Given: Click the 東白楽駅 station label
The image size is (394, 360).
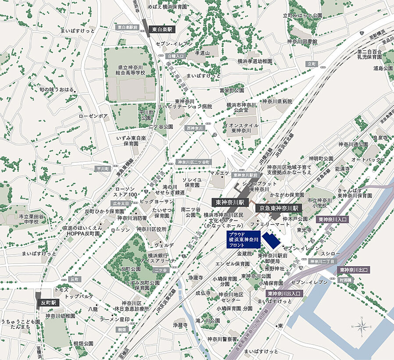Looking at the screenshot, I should [162, 29].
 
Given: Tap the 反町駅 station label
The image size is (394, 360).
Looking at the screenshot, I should [50, 303].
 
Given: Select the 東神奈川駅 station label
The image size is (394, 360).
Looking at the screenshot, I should [230, 203].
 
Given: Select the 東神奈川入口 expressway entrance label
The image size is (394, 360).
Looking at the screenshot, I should [332, 219].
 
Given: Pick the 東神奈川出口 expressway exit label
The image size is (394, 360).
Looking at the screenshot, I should [354, 270].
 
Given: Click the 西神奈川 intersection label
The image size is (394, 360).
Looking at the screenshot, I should [195, 128].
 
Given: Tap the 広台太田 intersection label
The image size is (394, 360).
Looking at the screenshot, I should [121, 203].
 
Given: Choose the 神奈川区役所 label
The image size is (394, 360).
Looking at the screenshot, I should [151, 229].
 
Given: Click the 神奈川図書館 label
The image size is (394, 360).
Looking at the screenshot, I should [302, 42].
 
